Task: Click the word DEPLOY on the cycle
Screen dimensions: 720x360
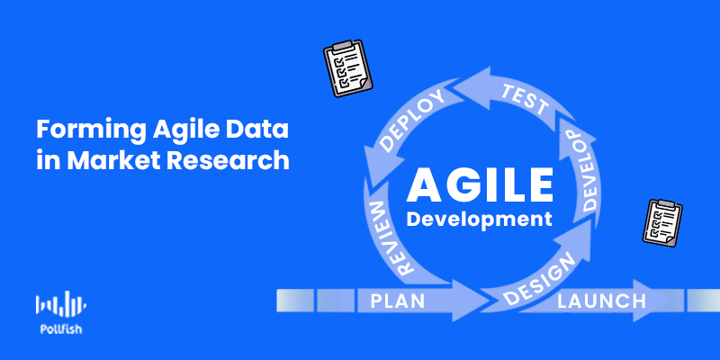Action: point(413,121)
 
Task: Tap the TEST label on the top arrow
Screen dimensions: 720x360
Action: point(525,100)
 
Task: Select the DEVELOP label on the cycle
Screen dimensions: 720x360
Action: point(580,170)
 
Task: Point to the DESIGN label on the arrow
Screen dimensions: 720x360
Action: point(539,279)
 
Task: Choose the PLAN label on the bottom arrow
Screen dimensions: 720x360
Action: point(398,301)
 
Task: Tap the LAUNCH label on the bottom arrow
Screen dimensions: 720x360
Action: point(601,301)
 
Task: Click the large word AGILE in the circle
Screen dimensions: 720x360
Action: point(480,185)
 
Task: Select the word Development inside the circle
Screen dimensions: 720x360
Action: point(479,219)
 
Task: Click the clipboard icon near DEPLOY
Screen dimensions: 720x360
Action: point(347,68)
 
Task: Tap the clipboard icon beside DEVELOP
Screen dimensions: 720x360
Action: point(662,222)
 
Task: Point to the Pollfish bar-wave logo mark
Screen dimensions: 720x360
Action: point(61,303)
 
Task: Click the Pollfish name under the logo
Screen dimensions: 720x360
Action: point(61,329)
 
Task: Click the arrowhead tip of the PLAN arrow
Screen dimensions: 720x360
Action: point(490,301)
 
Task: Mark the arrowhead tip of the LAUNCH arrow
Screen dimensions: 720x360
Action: point(670,301)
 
